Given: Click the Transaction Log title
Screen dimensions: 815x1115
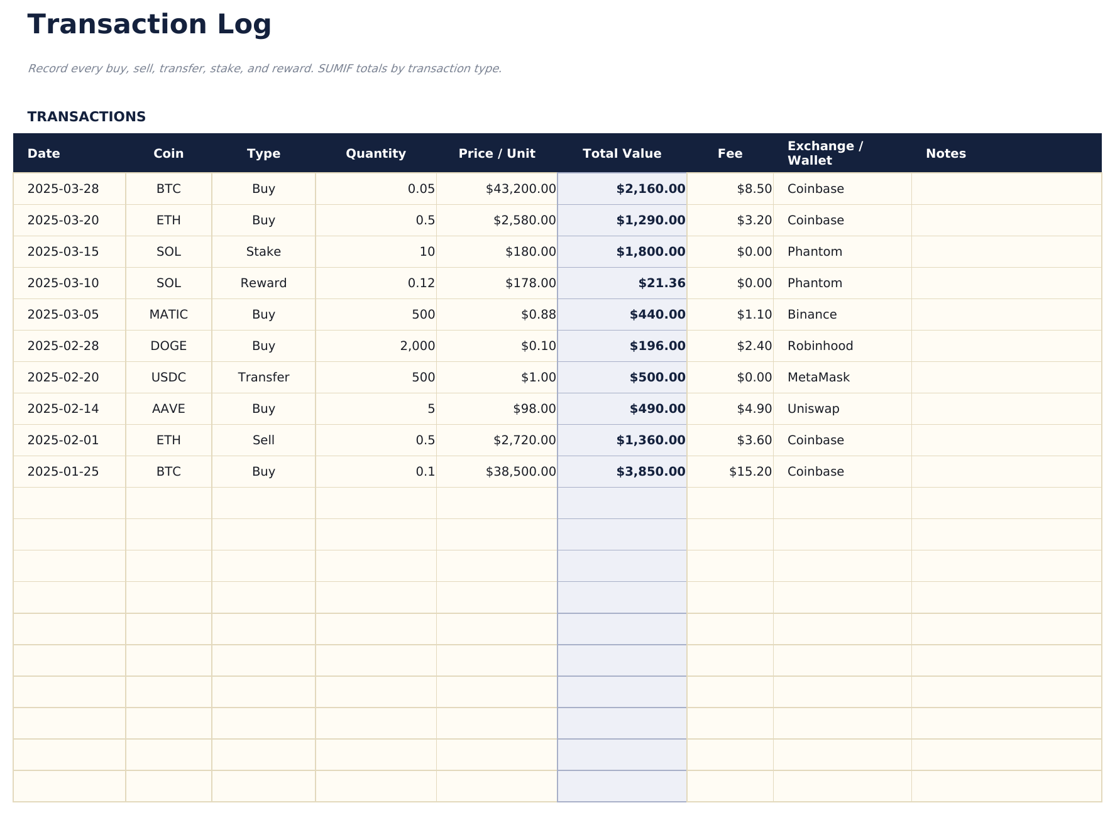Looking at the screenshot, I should pos(149,25).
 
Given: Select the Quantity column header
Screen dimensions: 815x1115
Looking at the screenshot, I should pos(375,154).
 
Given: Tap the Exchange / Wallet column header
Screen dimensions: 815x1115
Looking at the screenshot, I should pos(825,153).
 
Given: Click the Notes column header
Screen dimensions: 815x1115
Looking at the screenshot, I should pos(945,154).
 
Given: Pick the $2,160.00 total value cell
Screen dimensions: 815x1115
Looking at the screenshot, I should pos(651,189).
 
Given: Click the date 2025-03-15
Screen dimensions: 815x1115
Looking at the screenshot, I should pos(63,252).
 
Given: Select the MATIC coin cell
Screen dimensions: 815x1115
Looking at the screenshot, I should pos(168,315).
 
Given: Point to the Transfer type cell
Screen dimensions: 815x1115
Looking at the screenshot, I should pos(263,378).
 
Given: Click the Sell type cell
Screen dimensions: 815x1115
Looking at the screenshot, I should pos(263,440).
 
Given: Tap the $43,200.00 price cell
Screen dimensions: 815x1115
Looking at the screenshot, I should pos(520,189).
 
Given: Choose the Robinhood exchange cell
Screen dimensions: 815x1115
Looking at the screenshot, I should pos(820,346).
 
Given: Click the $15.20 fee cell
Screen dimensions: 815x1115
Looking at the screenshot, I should pos(750,472).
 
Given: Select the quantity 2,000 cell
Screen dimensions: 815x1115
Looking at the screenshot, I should pos(417,346).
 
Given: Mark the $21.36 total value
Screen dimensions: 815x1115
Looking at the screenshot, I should pos(661,283).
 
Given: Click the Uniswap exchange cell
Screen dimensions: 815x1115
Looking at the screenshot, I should pos(813,409).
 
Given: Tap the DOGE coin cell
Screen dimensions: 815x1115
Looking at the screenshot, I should pos(168,346).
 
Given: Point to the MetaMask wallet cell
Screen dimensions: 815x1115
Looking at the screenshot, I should pos(818,378).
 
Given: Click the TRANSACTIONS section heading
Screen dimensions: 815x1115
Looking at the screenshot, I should pos(86,117).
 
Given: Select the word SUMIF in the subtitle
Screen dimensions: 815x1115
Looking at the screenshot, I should pos(335,68).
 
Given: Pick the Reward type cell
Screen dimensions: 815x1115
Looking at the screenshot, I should pos(263,283).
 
